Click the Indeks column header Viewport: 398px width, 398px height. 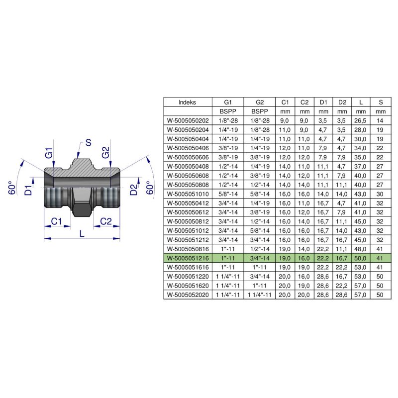pyautogui.click(x=188, y=102)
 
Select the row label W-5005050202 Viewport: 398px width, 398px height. pyautogui.click(x=188, y=120)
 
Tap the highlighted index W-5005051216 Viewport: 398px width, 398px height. pyautogui.click(x=188, y=258)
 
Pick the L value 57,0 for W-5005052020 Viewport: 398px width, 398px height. pyautogui.click(x=361, y=295)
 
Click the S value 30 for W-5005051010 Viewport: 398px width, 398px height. pyautogui.click(x=381, y=194)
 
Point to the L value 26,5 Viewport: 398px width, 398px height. pyautogui.click(x=361, y=120)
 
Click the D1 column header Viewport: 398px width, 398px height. pyautogui.click(x=323, y=102)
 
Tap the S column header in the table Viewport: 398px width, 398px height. pyautogui.click(x=381, y=102)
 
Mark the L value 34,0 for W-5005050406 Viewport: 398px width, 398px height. pyautogui.click(x=361, y=148)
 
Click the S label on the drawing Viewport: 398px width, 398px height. pyautogui.click(x=88, y=143)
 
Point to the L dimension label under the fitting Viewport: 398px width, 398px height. pyautogui.click(x=82, y=232)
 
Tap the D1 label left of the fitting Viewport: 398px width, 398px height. pyautogui.click(x=29, y=190)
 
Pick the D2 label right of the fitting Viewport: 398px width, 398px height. pyautogui.click(x=133, y=190)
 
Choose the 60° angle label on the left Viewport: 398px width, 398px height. pyautogui.click(x=13, y=188)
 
